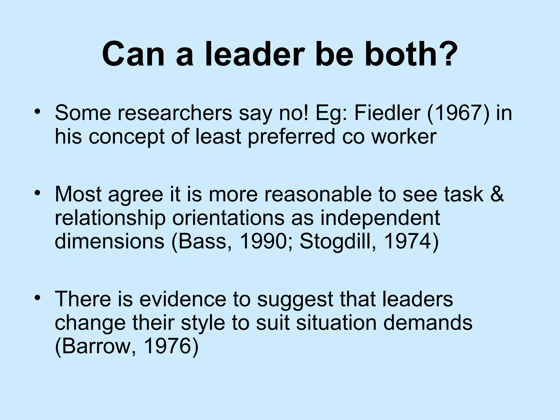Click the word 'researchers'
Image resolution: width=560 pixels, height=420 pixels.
[x=175, y=113]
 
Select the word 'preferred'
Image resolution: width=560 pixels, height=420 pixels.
[x=291, y=137]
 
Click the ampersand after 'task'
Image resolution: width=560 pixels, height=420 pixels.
[x=497, y=194]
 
